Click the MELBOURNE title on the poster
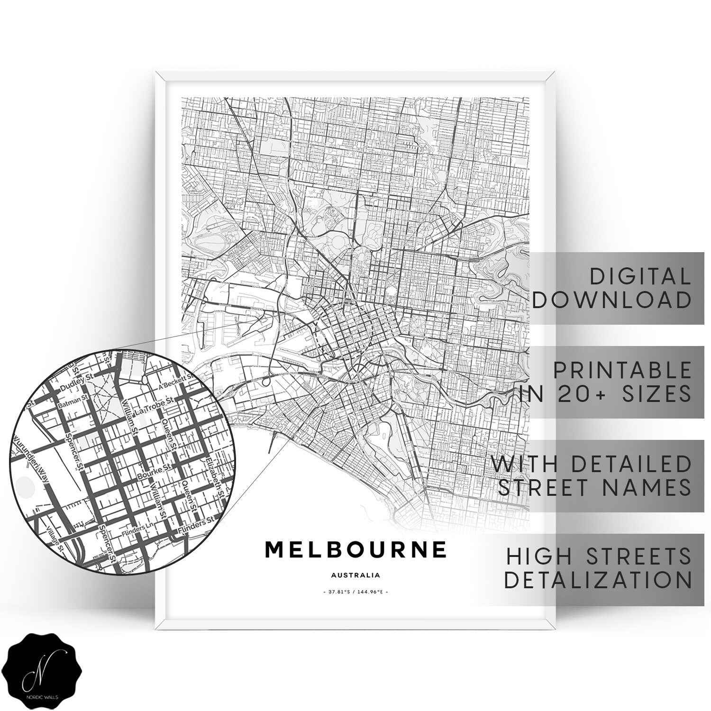pos(355,549)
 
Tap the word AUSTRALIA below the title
pos(355,575)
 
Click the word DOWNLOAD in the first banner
pos(611,300)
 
